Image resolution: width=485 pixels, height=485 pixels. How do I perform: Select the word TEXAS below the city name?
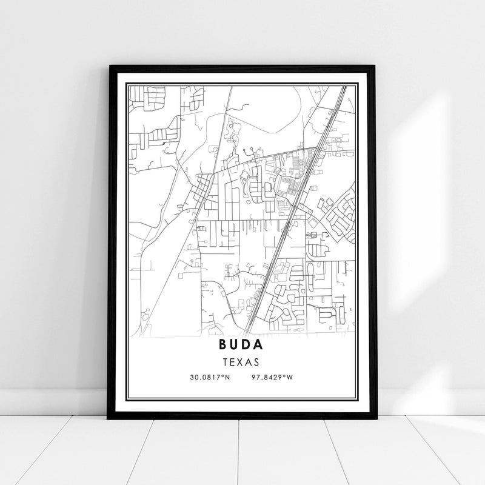click(242, 362)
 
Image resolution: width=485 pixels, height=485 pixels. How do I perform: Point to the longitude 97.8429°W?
click(271, 378)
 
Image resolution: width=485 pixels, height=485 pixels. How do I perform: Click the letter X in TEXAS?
click(242, 362)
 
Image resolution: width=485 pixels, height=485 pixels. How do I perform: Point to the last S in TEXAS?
click(257, 362)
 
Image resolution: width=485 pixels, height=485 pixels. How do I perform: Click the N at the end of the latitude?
click(228, 378)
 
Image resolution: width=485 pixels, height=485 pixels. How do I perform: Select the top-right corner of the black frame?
click(376, 64)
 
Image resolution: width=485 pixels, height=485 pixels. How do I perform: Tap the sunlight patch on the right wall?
click(418, 182)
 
